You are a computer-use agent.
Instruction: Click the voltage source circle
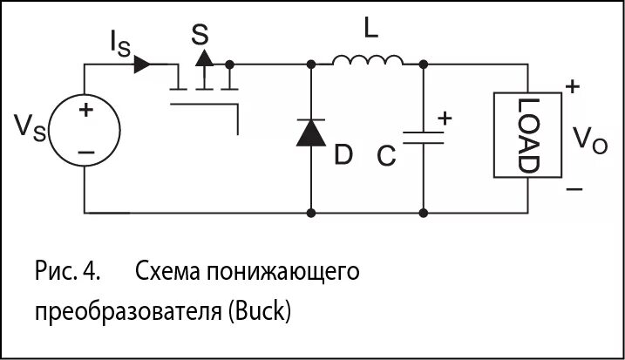point(85,131)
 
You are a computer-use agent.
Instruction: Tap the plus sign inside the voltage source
point(85,111)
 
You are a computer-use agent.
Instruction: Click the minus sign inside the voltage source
point(85,152)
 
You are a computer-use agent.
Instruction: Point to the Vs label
point(30,128)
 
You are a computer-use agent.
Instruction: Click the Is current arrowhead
point(143,65)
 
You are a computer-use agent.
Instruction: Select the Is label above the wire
point(120,43)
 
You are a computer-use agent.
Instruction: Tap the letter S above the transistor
point(200,34)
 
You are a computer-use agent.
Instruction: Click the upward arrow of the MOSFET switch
point(204,58)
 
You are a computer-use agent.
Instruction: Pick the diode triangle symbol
point(311,132)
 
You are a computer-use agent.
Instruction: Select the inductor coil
point(367,60)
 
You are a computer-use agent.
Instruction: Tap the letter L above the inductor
point(371,31)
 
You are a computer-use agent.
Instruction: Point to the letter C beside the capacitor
point(388,157)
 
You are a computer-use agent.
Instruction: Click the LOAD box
point(528,135)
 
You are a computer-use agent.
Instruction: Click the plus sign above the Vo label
point(572,86)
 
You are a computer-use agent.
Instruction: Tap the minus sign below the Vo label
point(573,187)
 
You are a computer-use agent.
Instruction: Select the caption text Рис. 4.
point(69,271)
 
